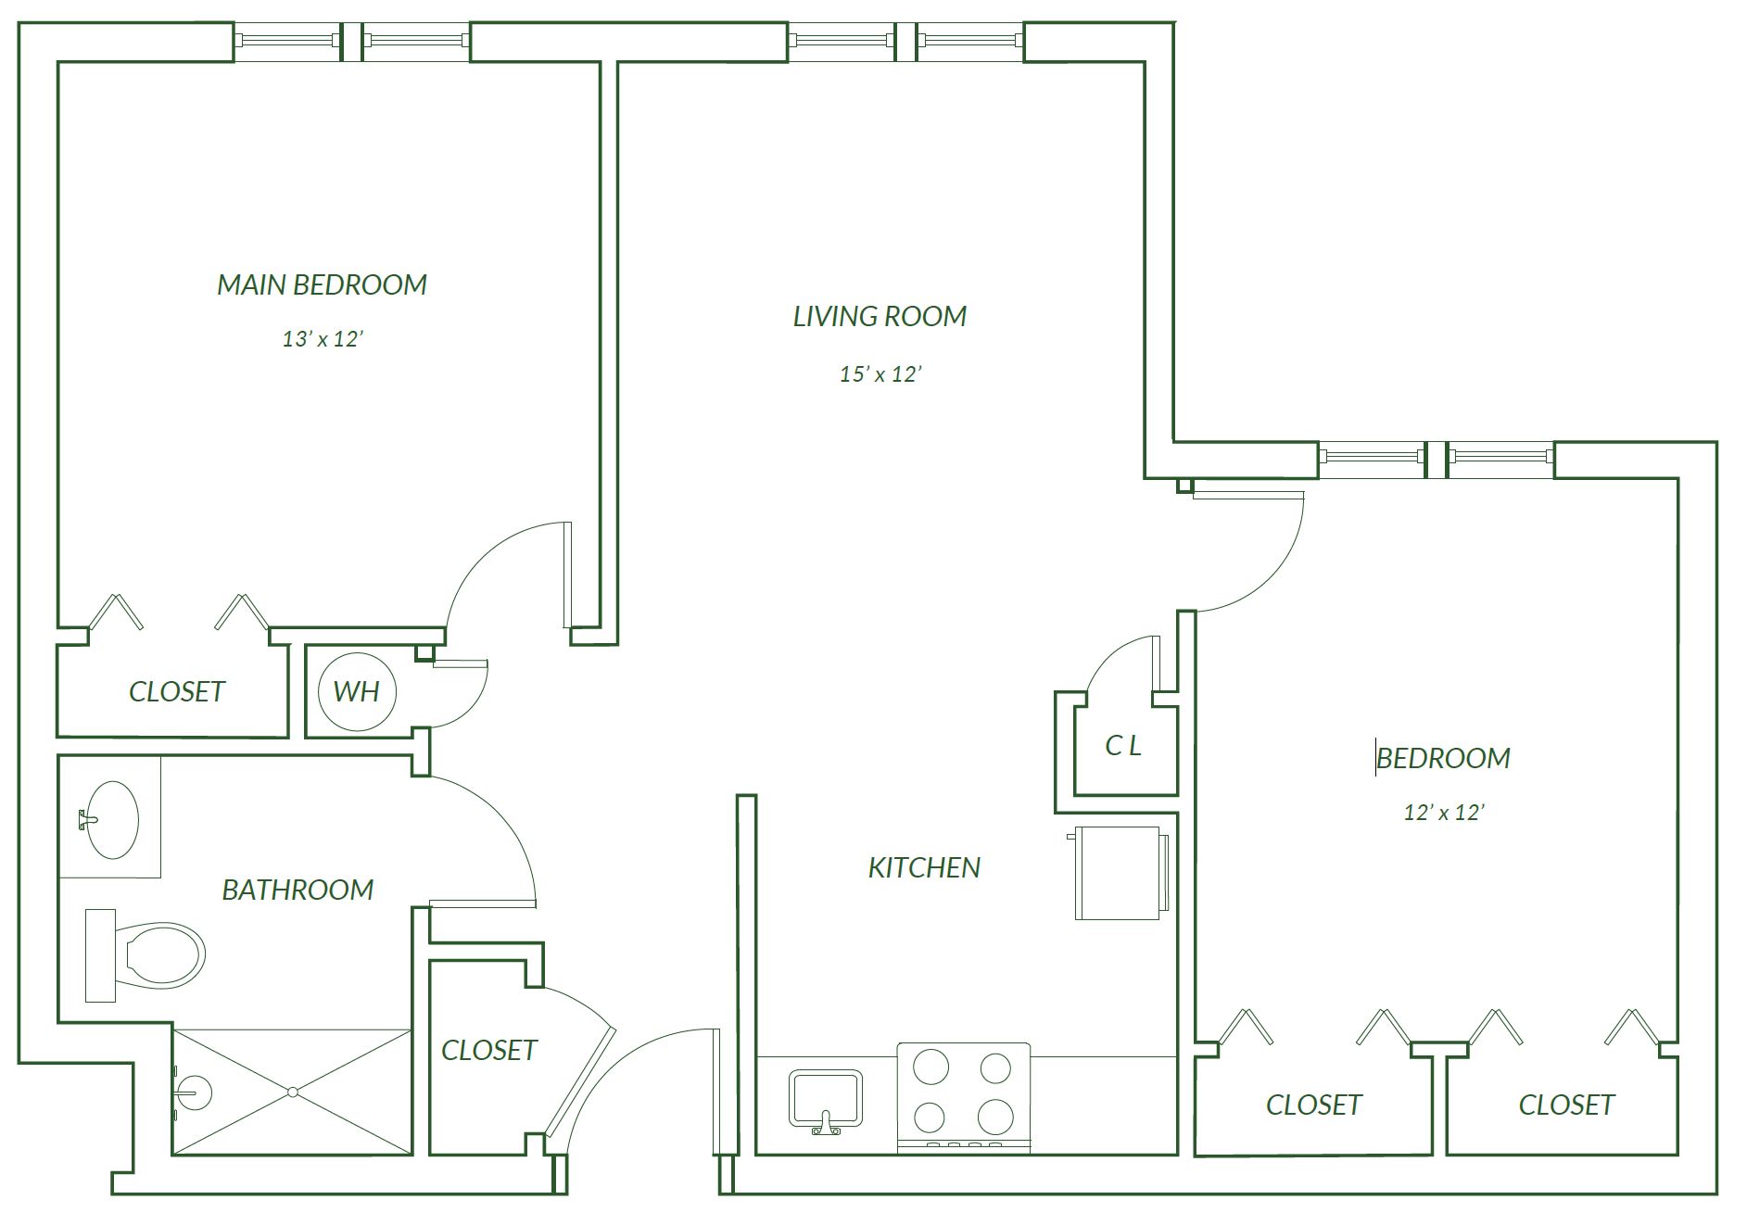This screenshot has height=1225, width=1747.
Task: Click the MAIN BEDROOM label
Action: pyautogui.click(x=322, y=284)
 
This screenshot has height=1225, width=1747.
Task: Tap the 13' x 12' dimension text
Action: pyautogui.click(x=322, y=339)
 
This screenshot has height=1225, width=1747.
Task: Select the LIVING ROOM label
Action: pyautogui.click(x=880, y=317)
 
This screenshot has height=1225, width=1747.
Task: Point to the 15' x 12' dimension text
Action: pyautogui.click(x=880, y=374)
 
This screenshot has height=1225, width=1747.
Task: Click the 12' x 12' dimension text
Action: pyautogui.click(x=1444, y=813)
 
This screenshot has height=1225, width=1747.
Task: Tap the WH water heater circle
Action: pyautogui.click(x=357, y=691)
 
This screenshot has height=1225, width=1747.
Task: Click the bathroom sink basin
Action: pyautogui.click(x=109, y=820)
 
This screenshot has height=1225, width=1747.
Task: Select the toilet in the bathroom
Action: pyautogui.click(x=145, y=955)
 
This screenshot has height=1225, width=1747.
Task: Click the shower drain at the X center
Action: pyautogui.click(x=293, y=1092)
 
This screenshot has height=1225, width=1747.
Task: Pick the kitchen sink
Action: pyautogui.click(x=826, y=1100)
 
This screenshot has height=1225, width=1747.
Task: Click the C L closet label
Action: pyautogui.click(x=1123, y=746)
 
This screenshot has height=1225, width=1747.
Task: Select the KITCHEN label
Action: pyautogui.click(x=924, y=868)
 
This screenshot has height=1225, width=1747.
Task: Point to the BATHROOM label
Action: pyautogui.click(x=297, y=890)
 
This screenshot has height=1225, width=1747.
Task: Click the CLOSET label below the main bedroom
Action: pyautogui.click(x=177, y=692)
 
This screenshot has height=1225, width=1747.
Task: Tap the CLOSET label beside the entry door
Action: pyautogui.click(x=489, y=1051)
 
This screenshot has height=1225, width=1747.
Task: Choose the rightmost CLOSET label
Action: pyautogui.click(x=1566, y=1105)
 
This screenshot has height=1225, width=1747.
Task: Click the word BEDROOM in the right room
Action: pyautogui.click(x=1443, y=759)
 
